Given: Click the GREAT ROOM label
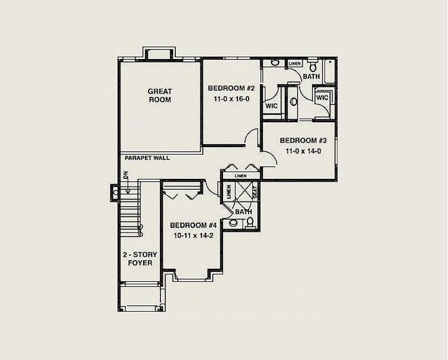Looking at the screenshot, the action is [x=160, y=95].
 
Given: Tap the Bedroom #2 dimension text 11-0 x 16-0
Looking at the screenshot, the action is [x=231, y=99].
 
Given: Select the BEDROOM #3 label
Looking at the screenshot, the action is [x=303, y=141].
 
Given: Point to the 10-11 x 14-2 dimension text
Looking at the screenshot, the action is [x=194, y=235].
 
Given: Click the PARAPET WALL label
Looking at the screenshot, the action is [x=147, y=158].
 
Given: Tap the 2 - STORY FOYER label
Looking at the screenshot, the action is [x=140, y=259].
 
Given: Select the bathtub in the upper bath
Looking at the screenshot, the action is [x=329, y=72].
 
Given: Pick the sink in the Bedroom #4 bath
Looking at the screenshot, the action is [x=234, y=223].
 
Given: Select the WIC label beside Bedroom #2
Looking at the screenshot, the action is [x=271, y=106].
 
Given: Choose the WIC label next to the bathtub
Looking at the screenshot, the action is [x=322, y=98].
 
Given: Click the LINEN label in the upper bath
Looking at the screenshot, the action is [x=294, y=64].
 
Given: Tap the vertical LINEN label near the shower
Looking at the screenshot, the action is [x=228, y=192].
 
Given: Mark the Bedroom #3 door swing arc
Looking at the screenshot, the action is [x=271, y=156].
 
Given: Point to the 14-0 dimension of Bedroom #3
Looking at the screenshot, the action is [x=314, y=151].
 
